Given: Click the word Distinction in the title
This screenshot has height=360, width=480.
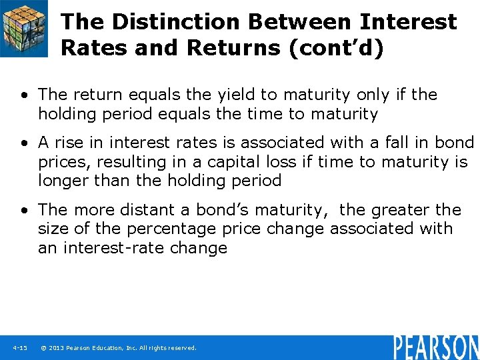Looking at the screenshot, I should pyautogui.click(x=176, y=22).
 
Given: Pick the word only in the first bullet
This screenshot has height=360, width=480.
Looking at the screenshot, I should pyautogui.click(x=364, y=95).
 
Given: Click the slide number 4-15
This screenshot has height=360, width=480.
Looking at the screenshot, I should pyautogui.click(x=19, y=348).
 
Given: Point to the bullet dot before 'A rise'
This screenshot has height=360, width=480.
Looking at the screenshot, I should pyautogui.click(x=25, y=143).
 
